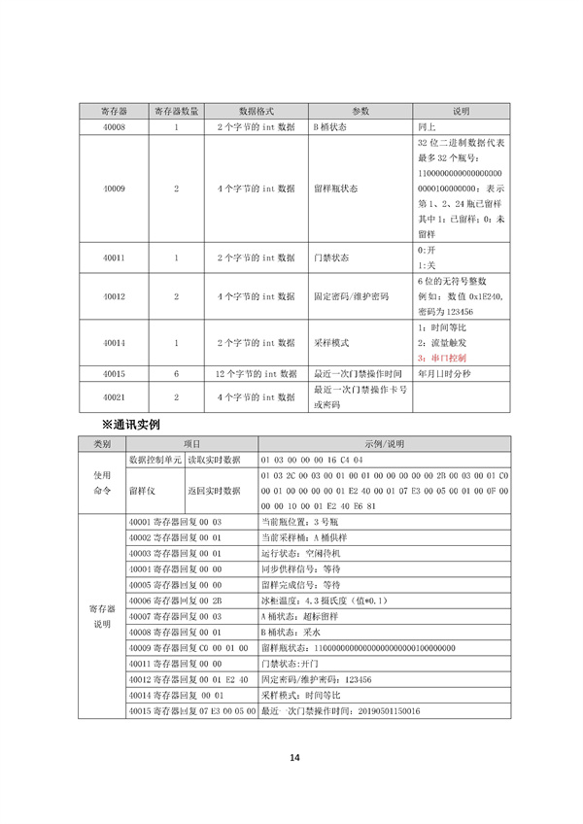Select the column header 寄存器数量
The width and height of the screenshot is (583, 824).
point(176,111)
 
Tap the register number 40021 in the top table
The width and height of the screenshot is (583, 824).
point(113,396)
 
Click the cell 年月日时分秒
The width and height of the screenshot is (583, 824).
point(445,373)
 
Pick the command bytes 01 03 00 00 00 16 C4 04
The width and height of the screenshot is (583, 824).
point(311,457)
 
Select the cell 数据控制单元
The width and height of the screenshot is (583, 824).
point(154,457)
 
